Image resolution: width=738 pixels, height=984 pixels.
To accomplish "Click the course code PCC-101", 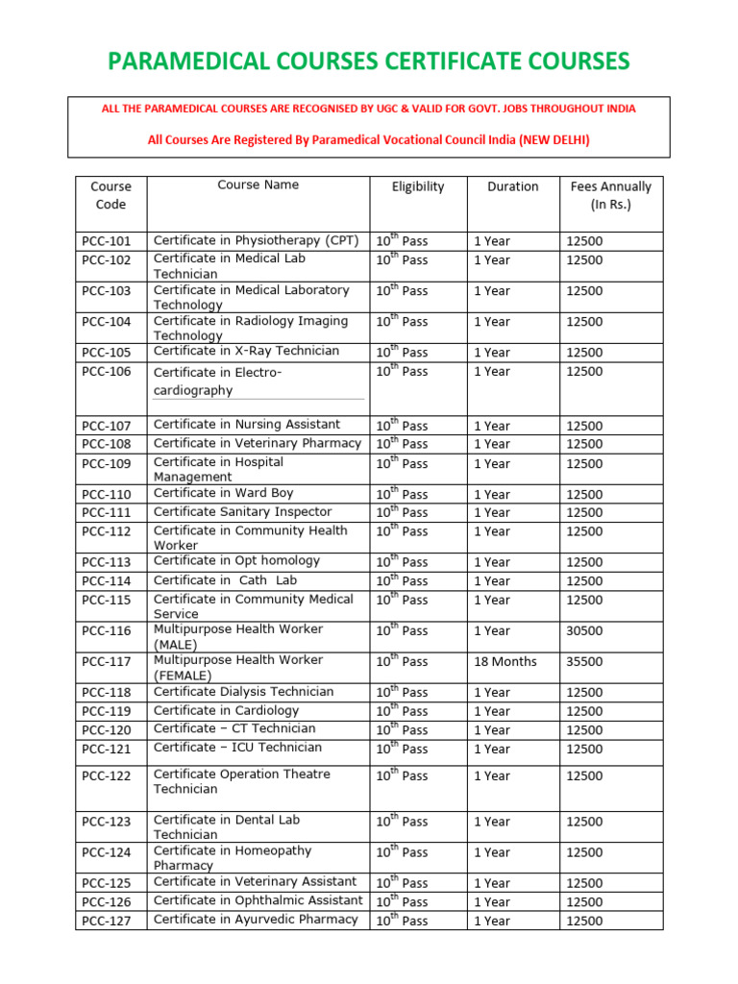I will [x=107, y=241].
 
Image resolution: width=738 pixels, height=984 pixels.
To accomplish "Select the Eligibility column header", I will [x=418, y=186].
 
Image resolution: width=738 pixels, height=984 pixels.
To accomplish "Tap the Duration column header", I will [x=512, y=186].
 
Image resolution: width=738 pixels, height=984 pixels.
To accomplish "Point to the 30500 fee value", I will [x=584, y=630].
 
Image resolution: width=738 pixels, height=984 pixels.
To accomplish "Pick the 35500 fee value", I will [x=584, y=661].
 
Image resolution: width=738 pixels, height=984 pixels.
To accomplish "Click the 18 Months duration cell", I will [x=505, y=661].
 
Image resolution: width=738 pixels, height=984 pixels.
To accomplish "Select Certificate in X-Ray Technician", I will [x=246, y=351].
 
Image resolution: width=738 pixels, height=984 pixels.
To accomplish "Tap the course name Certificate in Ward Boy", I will [x=223, y=493].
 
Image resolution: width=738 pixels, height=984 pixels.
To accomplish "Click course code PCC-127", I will [x=107, y=921].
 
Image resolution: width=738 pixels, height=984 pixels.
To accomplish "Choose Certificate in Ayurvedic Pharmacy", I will [x=256, y=920].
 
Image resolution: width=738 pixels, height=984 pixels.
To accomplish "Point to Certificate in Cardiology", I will [x=226, y=710].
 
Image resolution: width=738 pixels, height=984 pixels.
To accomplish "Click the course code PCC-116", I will [x=107, y=630].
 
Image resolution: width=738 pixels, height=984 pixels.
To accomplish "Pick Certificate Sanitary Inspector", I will [x=242, y=512].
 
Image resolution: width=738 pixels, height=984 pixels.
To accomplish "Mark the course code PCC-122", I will [x=107, y=775].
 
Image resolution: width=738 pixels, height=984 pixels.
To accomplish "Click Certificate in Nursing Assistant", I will [x=247, y=424].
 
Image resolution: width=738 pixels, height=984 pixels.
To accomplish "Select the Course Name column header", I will [x=258, y=184].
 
